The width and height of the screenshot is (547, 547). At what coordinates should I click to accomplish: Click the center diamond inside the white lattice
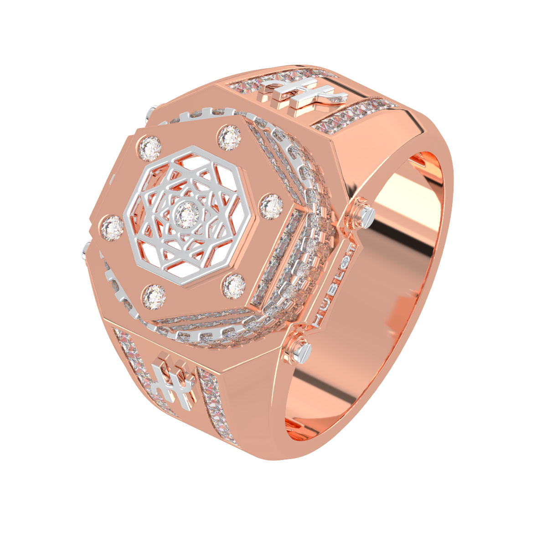click(187, 215)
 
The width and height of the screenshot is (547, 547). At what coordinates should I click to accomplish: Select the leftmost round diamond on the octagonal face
click(112, 228)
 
